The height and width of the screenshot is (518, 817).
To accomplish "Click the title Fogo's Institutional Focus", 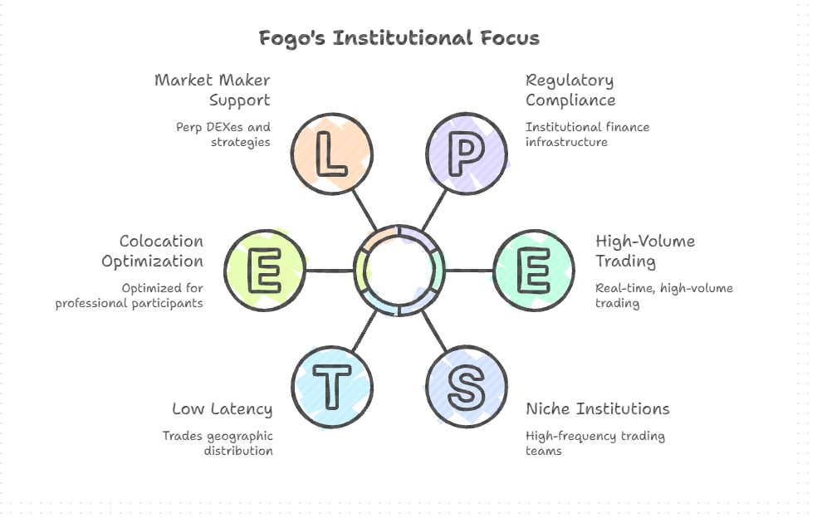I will tap(399, 38).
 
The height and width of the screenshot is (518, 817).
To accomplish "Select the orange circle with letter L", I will tap(332, 154).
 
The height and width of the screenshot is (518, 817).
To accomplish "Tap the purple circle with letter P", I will tap(467, 154).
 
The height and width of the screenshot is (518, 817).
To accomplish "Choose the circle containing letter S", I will tap(467, 387).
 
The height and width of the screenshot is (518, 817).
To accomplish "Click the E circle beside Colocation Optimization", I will tap(265, 271).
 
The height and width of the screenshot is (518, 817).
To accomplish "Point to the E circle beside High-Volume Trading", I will tap(534, 271).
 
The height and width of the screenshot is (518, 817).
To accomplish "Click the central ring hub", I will tap(399, 271).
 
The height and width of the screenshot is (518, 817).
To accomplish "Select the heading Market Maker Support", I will tap(213, 90).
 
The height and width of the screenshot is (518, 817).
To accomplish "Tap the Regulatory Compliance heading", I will tap(570, 90).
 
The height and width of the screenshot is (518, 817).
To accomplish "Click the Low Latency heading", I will tap(222, 408).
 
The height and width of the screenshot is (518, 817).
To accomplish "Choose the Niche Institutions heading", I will tap(597, 408).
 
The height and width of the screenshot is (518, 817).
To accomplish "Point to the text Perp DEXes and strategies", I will tap(223, 134).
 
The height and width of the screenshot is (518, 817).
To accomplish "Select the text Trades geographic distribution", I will tap(218, 443).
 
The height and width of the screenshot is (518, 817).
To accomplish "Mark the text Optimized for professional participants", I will tap(130, 296).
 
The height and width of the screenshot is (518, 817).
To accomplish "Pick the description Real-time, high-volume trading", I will tap(663, 296).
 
